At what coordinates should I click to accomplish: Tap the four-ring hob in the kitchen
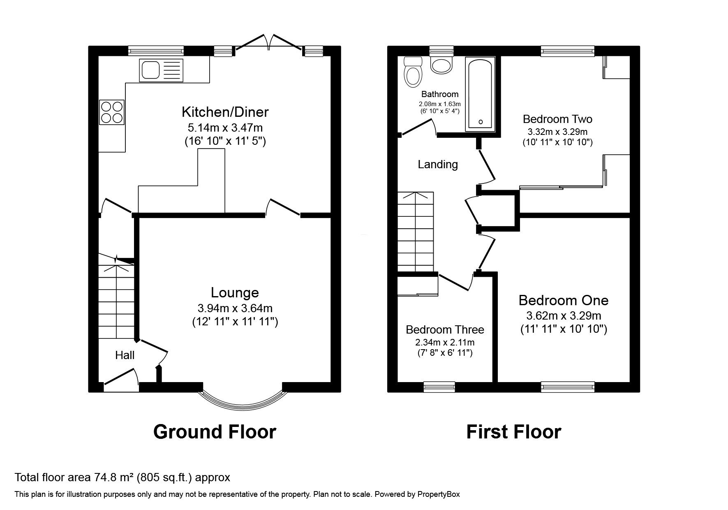click(x=112, y=112)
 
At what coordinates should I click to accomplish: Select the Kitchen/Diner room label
click(x=225, y=112)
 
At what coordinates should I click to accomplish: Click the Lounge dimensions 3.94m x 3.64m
click(x=235, y=308)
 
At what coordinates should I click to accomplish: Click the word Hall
click(x=125, y=355)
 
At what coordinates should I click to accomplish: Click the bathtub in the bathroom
click(x=480, y=94)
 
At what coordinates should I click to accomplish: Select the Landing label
click(x=438, y=165)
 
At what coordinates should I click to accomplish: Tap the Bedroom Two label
click(x=557, y=119)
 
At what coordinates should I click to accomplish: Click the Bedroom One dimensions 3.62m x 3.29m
click(x=564, y=316)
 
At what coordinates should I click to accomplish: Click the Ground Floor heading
click(x=215, y=432)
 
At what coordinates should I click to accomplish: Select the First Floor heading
click(x=513, y=432)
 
